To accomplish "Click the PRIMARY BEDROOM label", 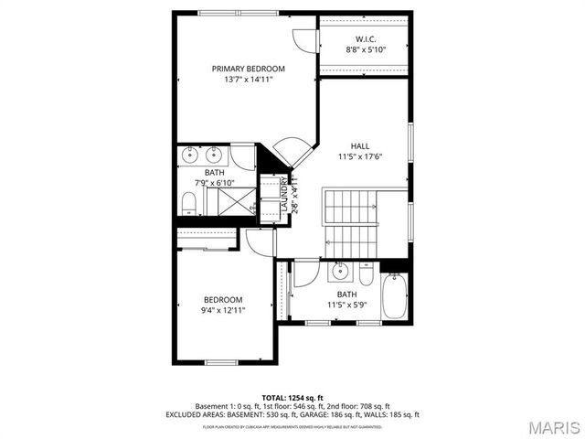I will tap(248, 69).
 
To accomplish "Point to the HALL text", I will tap(360, 145).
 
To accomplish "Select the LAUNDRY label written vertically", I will tap(284, 194).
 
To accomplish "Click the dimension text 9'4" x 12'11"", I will tap(222, 310).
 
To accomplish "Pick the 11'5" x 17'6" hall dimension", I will tap(360, 156).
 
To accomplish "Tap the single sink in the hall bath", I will tap(340, 271).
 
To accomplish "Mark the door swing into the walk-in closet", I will tap(303, 41).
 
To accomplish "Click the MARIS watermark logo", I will tap(547, 426).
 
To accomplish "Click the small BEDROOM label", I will tap(222, 300).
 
